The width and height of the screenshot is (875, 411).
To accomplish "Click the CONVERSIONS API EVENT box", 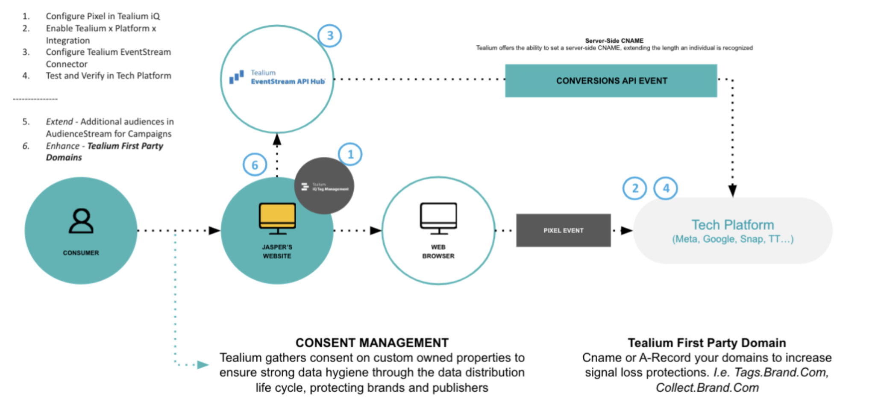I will coord(611,81).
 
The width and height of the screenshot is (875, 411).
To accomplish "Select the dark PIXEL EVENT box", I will coord(563,230).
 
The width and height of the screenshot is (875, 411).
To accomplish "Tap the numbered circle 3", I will coord(329,35).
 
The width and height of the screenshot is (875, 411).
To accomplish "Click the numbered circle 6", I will coord(255,165).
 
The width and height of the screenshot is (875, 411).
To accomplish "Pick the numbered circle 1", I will coord(350,154).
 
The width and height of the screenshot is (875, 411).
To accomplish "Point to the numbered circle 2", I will coord(634,188).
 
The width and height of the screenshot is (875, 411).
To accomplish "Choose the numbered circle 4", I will coord(666,188).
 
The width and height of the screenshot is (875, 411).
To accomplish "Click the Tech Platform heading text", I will coord(732,225).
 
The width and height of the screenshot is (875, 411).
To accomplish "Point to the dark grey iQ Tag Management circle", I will coord(324,186).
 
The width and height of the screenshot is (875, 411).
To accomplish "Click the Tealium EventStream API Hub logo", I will coord(278,77).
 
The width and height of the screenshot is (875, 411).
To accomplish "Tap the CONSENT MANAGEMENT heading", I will coord(372,343).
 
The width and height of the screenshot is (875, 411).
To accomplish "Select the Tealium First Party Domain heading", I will coord(707,343).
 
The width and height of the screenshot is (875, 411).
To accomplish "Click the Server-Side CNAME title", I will coord(614,41).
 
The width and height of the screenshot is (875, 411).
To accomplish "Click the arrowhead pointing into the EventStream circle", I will coord(277,139).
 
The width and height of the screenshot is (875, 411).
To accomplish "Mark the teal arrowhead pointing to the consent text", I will coord(203,365).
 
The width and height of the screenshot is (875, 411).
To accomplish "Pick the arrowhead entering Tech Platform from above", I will coord(732,190).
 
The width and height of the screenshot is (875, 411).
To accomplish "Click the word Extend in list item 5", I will coord(59,122).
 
